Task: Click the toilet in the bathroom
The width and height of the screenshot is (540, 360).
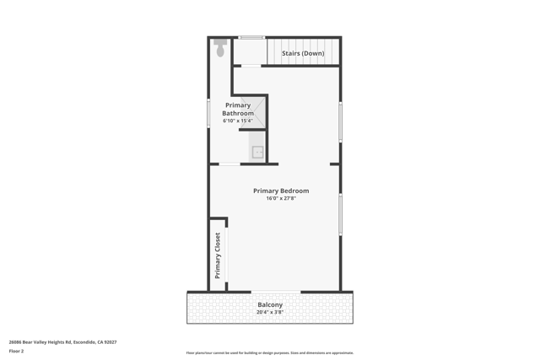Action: coord(220,49)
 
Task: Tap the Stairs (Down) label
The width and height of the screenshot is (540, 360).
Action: coord(303,53)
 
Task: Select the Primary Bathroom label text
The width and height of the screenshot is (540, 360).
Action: coord(238,110)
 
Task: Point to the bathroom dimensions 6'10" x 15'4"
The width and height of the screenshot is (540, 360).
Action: coord(238,121)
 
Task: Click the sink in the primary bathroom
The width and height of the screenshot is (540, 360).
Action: coord(257,152)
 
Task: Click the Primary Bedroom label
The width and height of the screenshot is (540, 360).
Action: coord(281,191)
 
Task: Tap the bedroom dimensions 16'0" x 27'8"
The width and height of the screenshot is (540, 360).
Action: coord(281,199)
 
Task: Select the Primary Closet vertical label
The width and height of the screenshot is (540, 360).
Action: coord(218,255)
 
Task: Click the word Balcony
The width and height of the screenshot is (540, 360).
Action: coord(270,304)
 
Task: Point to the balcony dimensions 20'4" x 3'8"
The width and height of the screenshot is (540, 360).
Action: coord(270,312)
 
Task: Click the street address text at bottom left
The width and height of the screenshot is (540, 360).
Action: coord(62,342)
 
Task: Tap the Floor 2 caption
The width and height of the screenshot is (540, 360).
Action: coord(16,351)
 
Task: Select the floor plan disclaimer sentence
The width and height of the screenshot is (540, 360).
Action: coord(270,352)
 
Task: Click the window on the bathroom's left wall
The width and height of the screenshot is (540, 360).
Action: coord(209,113)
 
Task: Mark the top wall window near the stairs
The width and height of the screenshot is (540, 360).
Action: coord(251,37)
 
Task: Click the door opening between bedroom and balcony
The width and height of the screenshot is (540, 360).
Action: coord(275,292)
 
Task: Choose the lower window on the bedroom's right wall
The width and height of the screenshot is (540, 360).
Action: coord(340,214)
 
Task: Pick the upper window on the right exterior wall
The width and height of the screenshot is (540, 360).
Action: coord(340,121)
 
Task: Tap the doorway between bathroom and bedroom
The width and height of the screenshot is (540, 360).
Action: coord(229,164)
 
